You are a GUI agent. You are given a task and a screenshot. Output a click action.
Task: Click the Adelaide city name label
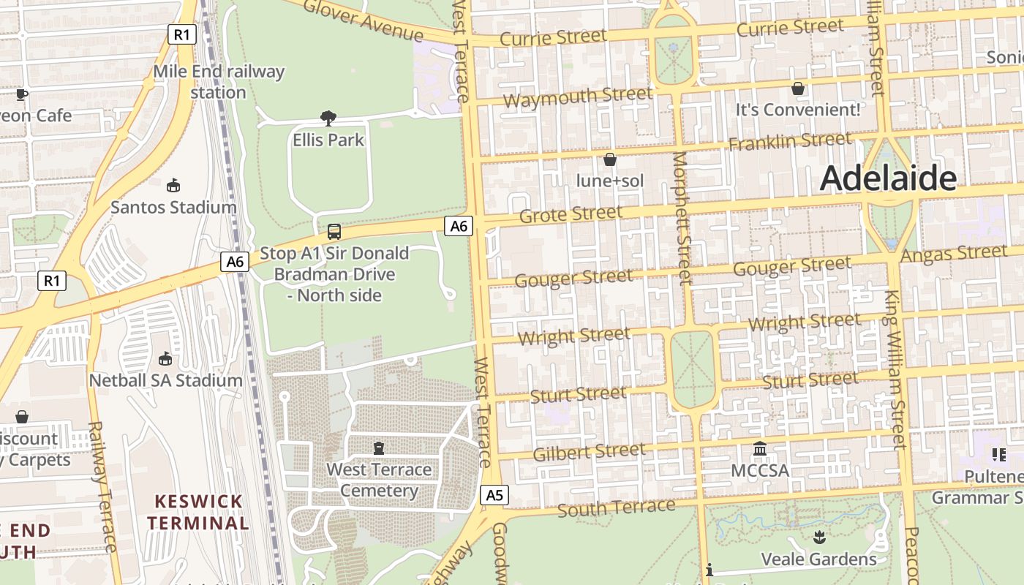pyautogui.click(x=888, y=178)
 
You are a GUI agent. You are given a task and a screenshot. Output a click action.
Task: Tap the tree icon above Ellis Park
pyautogui.click(x=328, y=118)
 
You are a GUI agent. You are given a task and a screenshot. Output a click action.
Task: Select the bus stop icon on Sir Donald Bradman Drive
pyautogui.click(x=334, y=232)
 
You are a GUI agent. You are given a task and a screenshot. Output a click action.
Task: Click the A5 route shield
pyautogui.click(x=495, y=495)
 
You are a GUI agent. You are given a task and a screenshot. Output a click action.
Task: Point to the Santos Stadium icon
pyautogui.click(x=173, y=185)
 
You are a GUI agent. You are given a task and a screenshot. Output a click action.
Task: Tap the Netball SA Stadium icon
pyautogui.click(x=166, y=358)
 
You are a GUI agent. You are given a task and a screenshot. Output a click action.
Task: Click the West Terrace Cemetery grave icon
pyautogui.click(x=379, y=448)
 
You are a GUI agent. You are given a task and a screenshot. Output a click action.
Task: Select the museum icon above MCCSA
pyautogui.click(x=760, y=448)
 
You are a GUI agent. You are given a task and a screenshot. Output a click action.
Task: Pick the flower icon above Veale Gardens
pyautogui.click(x=818, y=537)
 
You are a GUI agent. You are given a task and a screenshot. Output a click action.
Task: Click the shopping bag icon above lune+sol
pyautogui.click(x=609, y=159)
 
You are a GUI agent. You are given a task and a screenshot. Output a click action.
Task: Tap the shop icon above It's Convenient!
pyautogui.click(x=798, y=88)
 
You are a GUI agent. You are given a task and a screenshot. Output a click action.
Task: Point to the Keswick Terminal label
pyautogui.click(x=198, y=512)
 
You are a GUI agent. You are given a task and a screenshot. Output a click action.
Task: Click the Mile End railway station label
pyautogui.click(x=219, y=82)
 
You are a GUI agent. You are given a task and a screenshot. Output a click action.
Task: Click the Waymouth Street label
pyautogui.click(x=578, y=97)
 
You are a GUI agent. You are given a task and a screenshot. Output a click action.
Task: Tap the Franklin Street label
pyautogui.click(x=790, y=140)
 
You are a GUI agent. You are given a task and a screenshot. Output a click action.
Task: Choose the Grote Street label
pyautogui.click(x=571, y=214)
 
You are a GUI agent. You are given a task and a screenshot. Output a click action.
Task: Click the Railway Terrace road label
pyautogui.click(x=102, y=486)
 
